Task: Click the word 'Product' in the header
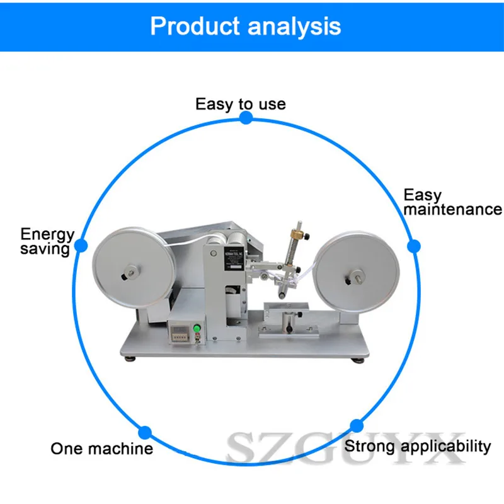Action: (x=194, y=27)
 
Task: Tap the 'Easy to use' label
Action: (x=240, y=104)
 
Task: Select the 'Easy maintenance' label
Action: (x=452, y=202)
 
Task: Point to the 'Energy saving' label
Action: (x=47, y=241)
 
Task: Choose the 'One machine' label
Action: (x=101, y=449)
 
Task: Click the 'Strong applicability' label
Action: (x=418, y=447)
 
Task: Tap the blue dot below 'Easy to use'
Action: (x=246, y=118)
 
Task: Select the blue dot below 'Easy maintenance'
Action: (x=413, y=246)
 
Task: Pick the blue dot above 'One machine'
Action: (x=145, y=432)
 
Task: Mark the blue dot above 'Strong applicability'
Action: (x=357, y=425)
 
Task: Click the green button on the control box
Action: (x=195, y=328)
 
